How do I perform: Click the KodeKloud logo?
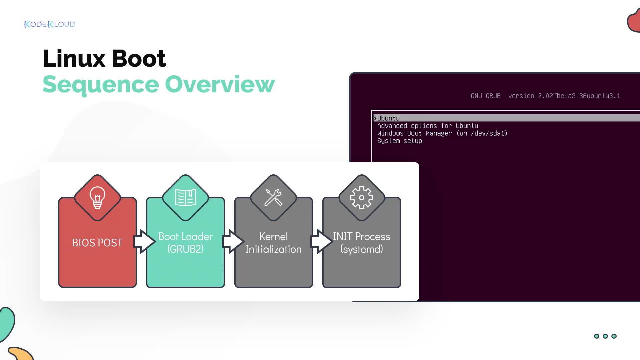pyautogui.click(x=50, y=24)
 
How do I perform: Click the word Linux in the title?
pyautogui.click(x=74, y=59)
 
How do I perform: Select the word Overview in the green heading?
pyautogui.click(x=220, y=84)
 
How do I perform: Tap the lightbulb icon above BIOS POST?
pyautogui.click(x=97, y=197)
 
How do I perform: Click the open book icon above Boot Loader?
pyautogui.click(x=185, y=198)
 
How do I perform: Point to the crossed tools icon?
pyautogui.click(x=273, y=198)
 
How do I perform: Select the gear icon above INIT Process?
pyautogui.click(x=361, y=198)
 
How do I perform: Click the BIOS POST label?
pyautogui.click(x=97, y=243)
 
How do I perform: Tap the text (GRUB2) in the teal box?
pyautogui.click(x=185, y=249)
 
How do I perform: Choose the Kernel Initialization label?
pyautogui.click(x=273, y=243)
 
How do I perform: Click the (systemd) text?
pyautogui.click(x=362, y=249)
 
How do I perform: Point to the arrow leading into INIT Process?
pyautogui.click(x=321, y=241)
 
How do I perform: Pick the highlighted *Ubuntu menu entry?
pyautogui.click(x=387, y=118)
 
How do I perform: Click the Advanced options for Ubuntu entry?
pyautogui.click(x=428, y=126)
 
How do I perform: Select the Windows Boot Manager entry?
pyautogui.click(x=442, y=133)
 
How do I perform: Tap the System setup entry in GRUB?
pyautogui.click(x=400, y=141)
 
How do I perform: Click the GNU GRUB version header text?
pyautogui.click(x=545, y=96)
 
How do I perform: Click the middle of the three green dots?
pyautogui.click(x=605, y=336)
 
